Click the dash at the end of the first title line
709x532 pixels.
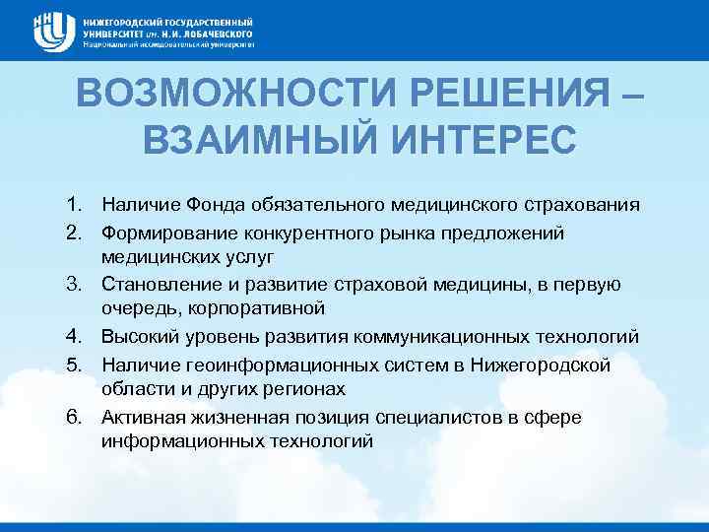(631, 95)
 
